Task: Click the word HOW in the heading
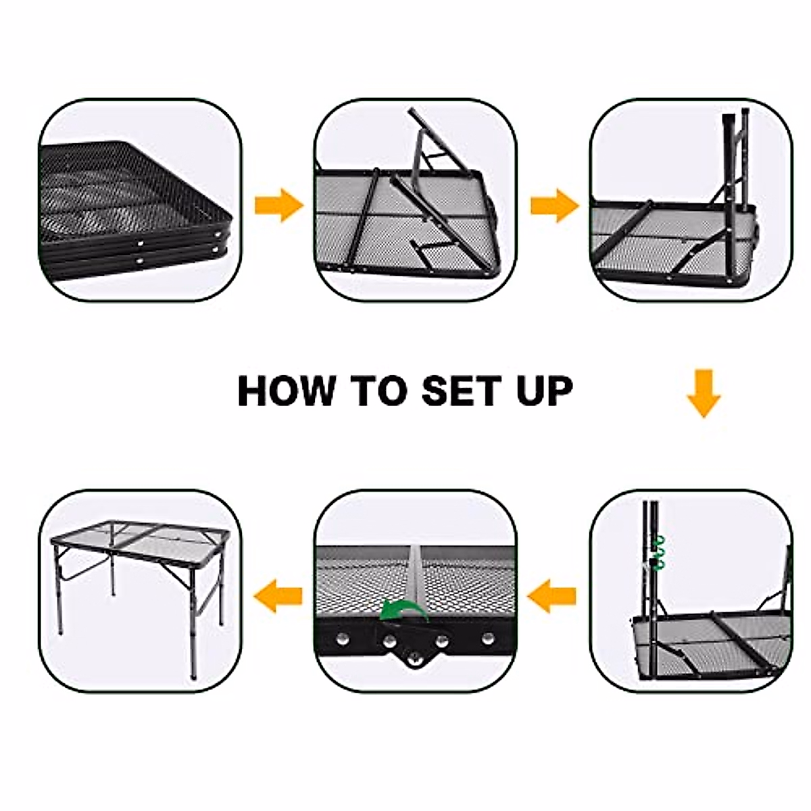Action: (286, 390)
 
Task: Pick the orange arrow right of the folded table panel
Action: (278, 205)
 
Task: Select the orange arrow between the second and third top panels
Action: (554, 205)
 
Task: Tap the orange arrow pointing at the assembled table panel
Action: (277, 596)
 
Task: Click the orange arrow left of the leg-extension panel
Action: (552, 596)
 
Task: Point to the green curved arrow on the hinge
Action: (403, 610)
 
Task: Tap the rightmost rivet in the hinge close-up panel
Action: (488, 637)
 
